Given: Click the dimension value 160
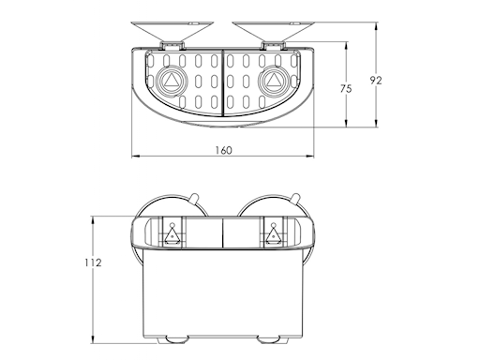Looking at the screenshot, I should [223, 150].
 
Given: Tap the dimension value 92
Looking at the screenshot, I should [375, 80].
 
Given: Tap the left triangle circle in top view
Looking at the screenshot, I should [172, 82].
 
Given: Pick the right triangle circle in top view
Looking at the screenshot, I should [273, 82].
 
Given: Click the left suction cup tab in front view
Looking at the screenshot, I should [192, 198].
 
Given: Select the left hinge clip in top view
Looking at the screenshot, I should [172, 45].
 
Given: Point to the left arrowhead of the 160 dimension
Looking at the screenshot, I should [132, 156].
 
